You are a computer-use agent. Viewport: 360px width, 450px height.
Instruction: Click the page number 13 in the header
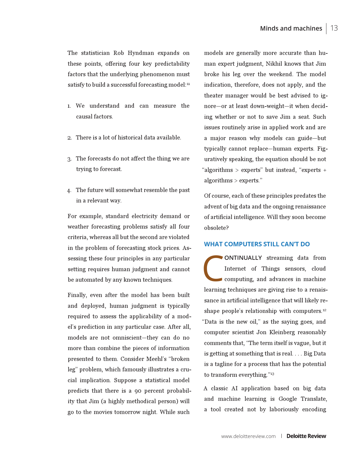334,28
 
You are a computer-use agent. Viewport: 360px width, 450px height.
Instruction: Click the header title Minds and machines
291,28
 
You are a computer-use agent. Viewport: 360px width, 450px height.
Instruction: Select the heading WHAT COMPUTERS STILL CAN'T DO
257,244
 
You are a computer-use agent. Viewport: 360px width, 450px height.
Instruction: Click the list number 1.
69,106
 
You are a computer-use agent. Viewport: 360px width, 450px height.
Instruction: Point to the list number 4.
69,190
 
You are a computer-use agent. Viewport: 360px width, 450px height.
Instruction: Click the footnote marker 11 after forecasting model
188,84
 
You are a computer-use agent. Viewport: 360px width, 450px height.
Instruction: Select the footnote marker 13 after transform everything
272,374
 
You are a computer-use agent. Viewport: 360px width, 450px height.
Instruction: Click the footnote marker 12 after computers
325,310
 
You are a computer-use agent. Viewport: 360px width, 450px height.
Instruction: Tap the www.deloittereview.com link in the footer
248,436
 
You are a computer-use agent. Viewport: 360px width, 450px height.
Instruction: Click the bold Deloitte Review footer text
306,436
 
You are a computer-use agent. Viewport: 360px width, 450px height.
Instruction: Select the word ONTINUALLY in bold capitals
243,258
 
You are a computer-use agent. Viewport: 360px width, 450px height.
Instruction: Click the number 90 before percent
138,391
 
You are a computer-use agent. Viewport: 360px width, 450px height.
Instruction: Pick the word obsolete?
216,228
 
